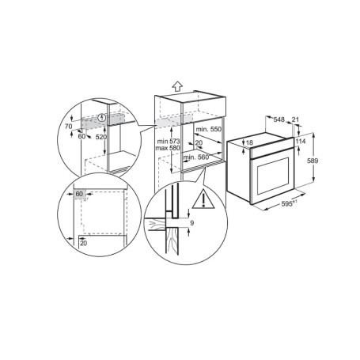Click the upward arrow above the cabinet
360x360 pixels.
tap(178, 86)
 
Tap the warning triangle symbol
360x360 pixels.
tap(203, 199)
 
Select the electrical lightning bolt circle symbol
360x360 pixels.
tap(102, 118)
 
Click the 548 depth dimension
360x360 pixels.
tap(279, 119)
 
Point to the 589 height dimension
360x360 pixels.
tap(313, 161)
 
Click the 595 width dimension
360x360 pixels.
tap(287, 203)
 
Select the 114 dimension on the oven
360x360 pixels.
tap(301, 142)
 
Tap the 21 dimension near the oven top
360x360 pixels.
tap(296, 119)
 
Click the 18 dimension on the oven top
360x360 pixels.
tap(249, 142)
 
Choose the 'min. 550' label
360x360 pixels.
tap(208, 129)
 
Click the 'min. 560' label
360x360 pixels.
tap(196, 157)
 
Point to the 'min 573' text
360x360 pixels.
tap(169, 142)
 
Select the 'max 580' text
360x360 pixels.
tap(168, 148)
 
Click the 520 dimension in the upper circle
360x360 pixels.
tap(101, 137)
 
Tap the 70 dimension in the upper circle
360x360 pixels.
tap(69, 127)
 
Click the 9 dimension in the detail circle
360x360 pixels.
tap(192, 223)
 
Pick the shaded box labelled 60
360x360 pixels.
tap(79, 195)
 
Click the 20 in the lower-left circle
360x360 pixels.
tap(83, 243)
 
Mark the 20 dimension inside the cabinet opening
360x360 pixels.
tap(199, 142)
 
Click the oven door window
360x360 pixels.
tap(272, 176)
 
